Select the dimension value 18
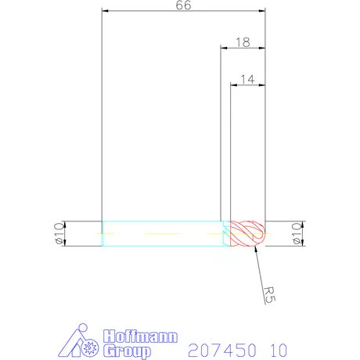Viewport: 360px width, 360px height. coord(243,42)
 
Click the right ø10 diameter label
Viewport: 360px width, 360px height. coord(296,233)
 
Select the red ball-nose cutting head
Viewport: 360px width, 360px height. coord(249,233)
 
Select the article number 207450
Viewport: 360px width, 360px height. coord(216,347)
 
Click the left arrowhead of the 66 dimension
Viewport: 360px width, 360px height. coord(106,13)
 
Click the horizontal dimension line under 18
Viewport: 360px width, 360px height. coord(243,49)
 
